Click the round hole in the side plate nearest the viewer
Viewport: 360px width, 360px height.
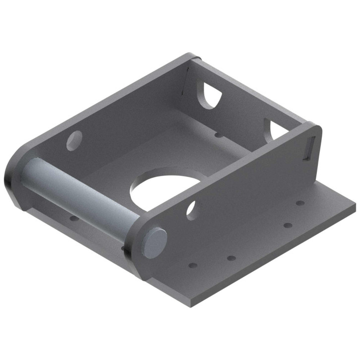(192, 210)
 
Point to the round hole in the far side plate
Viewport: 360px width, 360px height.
(74, 140)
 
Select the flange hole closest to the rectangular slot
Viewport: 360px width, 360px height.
(300, 203)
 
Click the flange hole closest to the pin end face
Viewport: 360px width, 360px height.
(193, 265)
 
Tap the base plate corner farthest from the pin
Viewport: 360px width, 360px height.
(355, 203)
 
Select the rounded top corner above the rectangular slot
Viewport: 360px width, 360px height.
(316, 126)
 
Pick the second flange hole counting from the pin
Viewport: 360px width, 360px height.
(231, 257)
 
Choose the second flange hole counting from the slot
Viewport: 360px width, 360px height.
(288, 225)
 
